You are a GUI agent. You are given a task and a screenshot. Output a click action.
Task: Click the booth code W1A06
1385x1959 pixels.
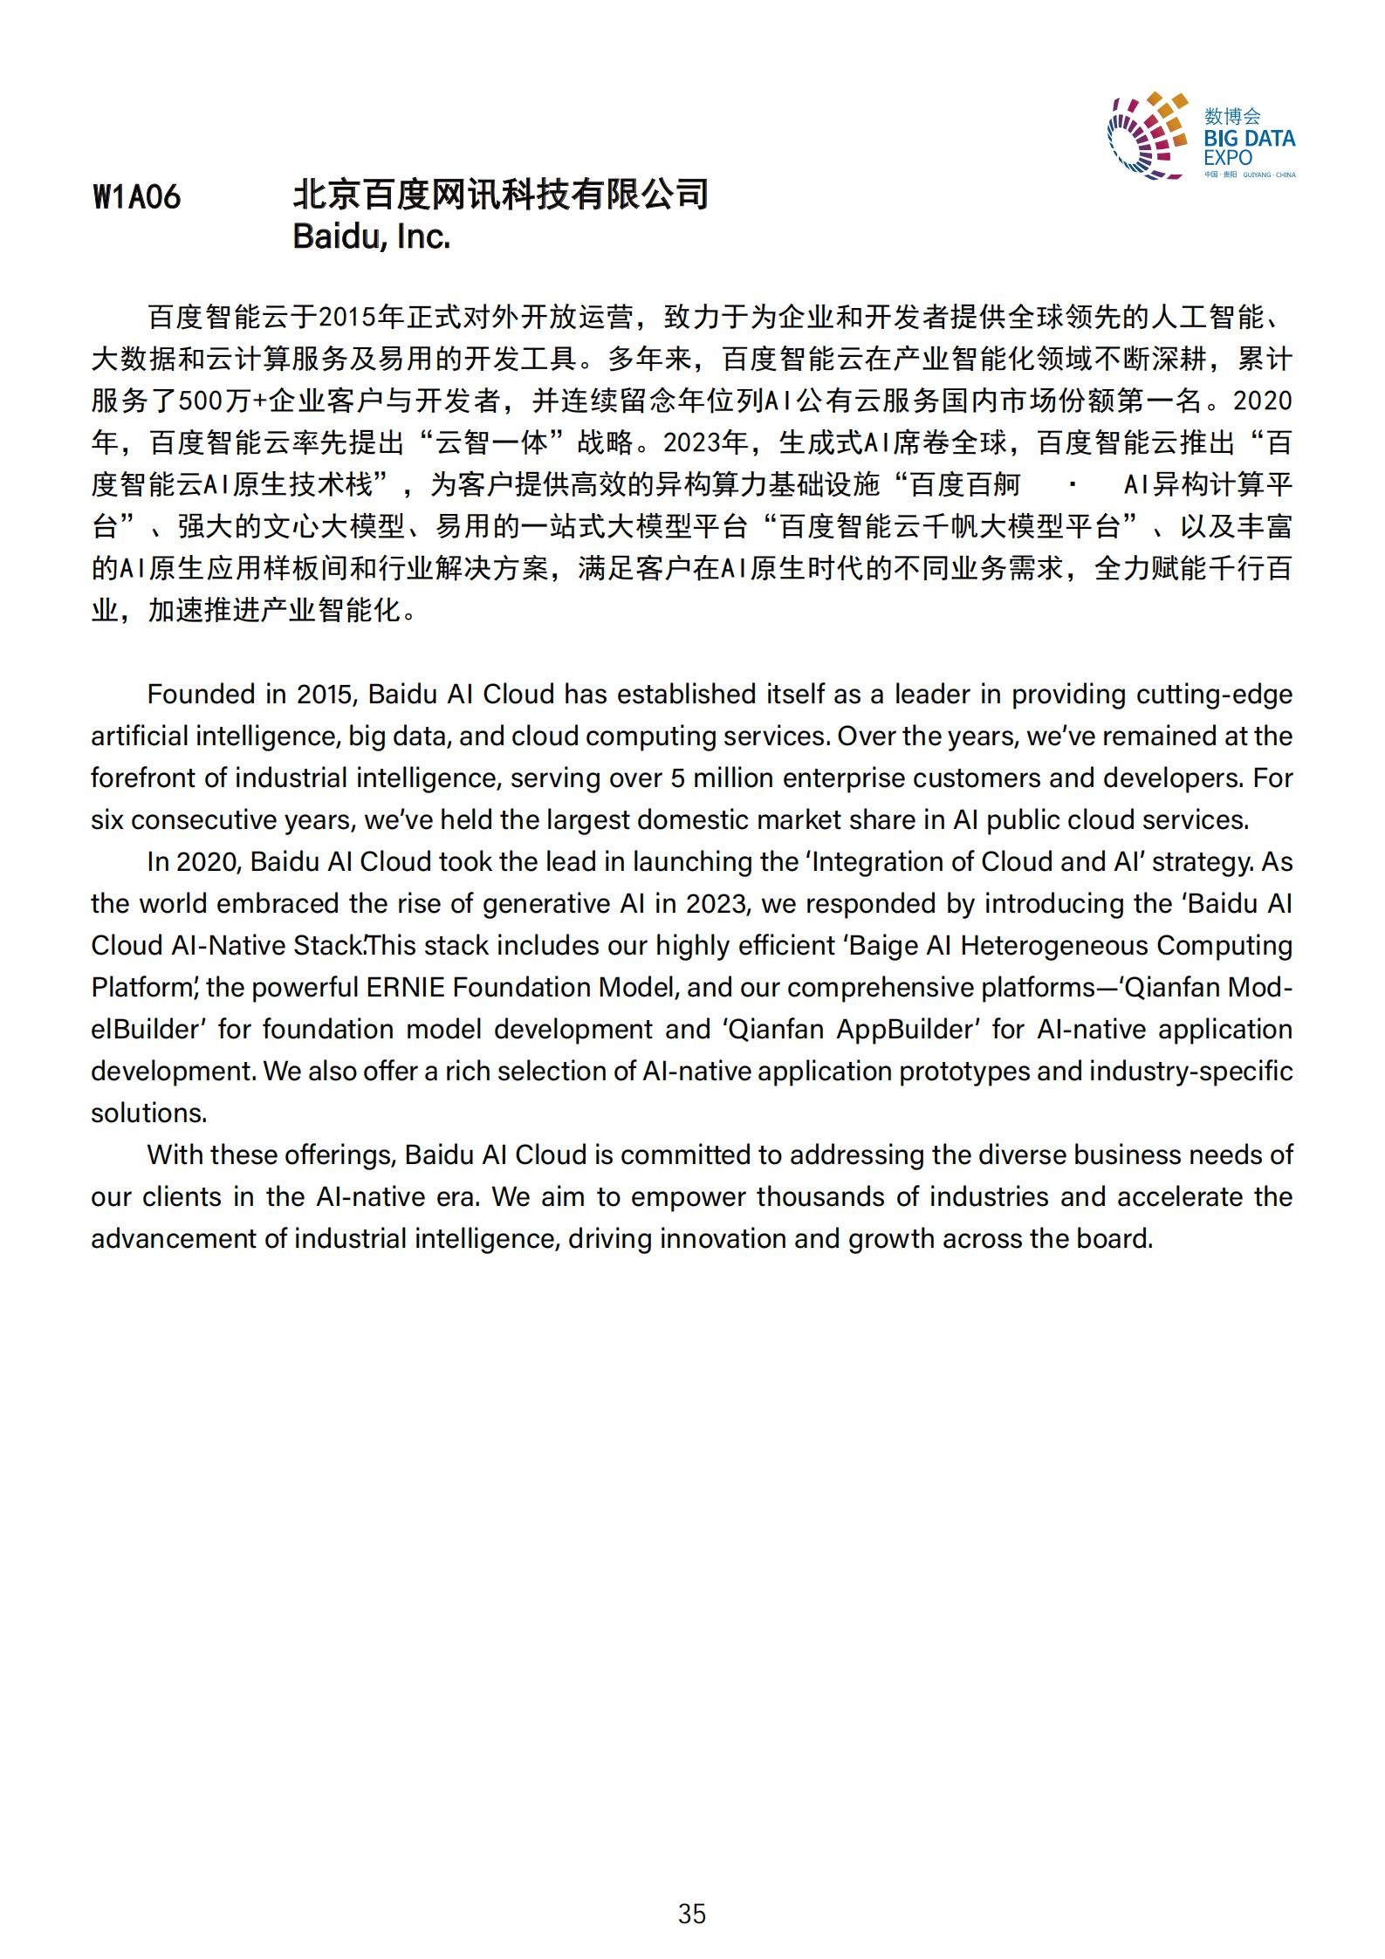[136, 197]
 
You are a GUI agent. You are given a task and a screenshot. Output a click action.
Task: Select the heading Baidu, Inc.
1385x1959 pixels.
[371, 236]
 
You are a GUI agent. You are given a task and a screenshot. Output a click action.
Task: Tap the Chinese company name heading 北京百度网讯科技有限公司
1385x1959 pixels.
[500, 194]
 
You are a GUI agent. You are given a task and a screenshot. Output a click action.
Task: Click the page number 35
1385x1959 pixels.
[691, 1914]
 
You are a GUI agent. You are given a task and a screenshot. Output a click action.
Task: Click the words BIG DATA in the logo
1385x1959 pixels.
[1250, 139]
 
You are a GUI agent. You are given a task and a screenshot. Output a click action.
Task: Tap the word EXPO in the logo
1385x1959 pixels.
[1227, 158]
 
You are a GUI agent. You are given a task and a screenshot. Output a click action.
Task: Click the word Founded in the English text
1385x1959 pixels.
[200, 695]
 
